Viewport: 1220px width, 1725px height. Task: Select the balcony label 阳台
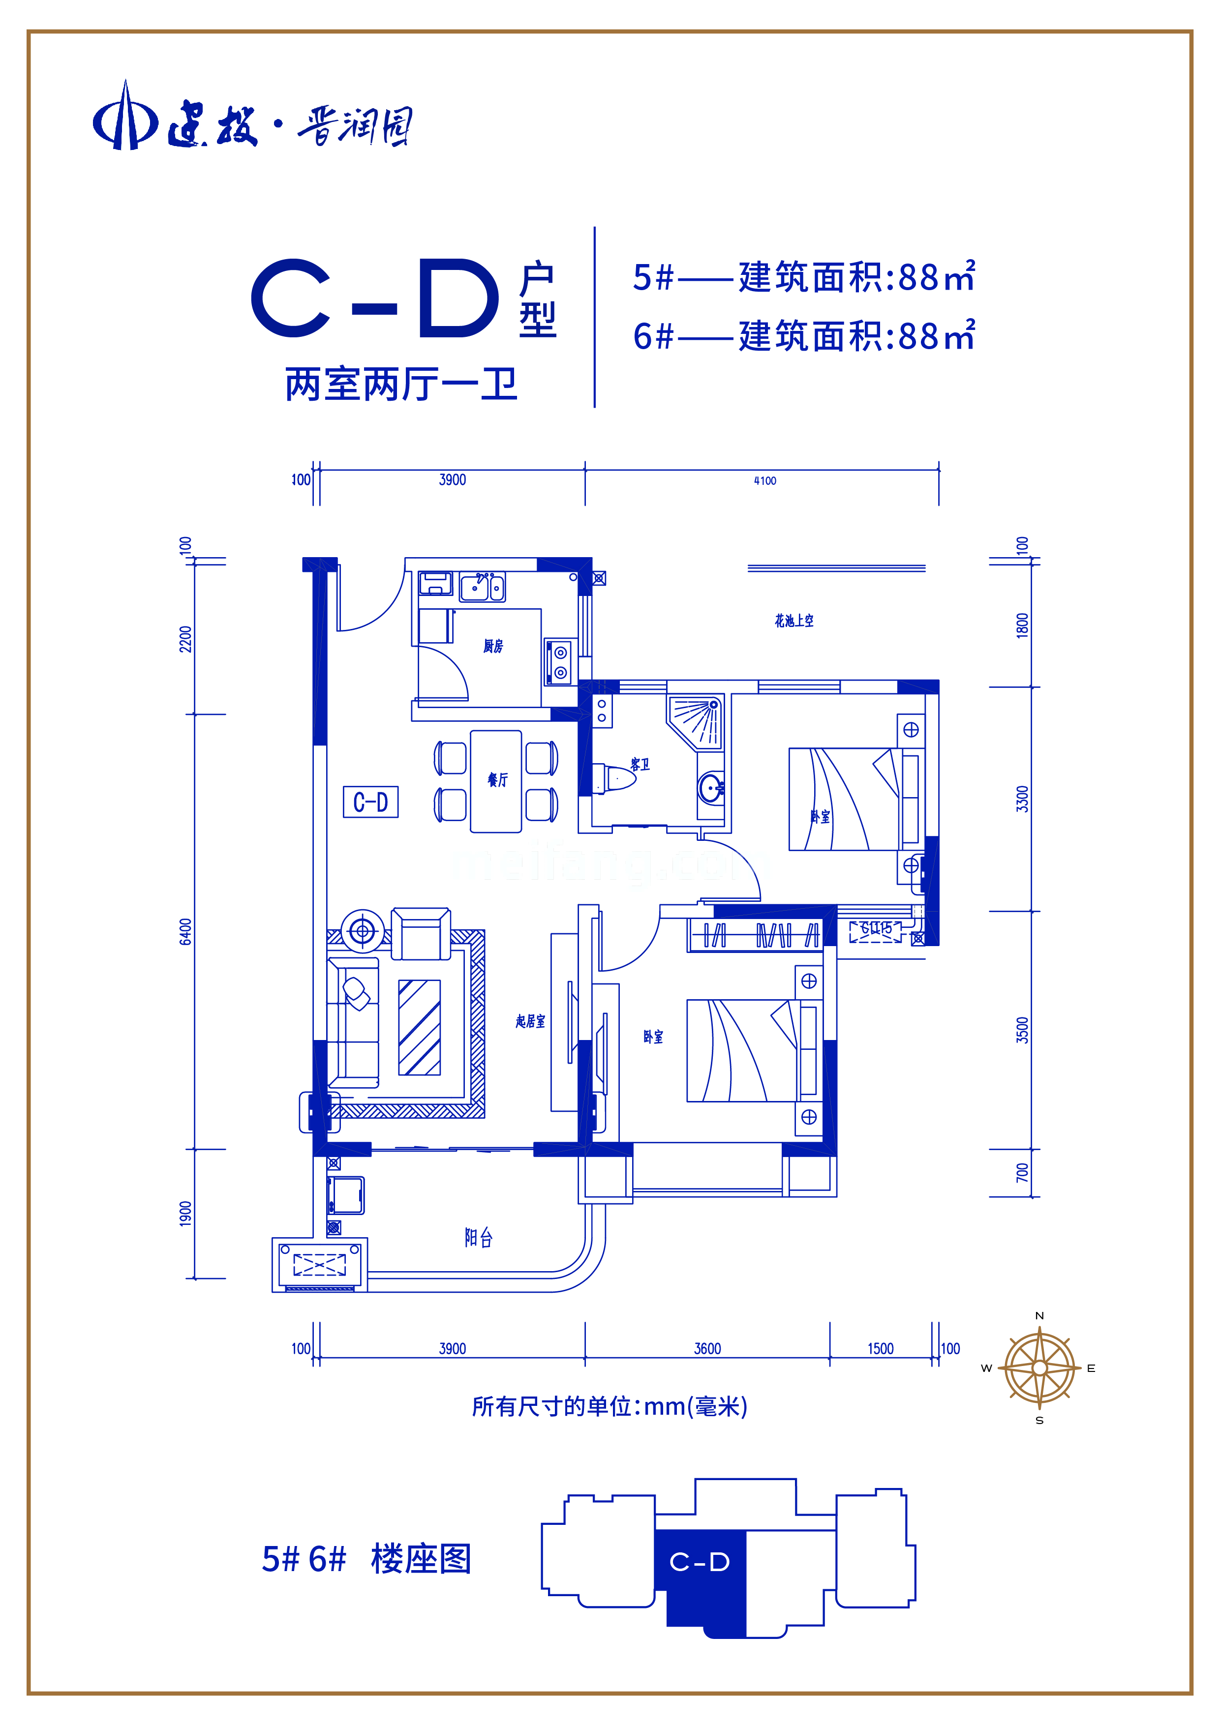(478, 1237)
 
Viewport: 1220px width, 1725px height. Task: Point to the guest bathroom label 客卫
(640, 765)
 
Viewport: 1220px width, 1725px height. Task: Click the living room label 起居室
(530, 1021)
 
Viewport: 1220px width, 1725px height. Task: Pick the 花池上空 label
(794, 621)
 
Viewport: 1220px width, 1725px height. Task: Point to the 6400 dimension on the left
(185, 932)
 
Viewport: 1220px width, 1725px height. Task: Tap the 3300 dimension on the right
(1022, 799)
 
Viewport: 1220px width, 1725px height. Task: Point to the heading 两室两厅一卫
(401, 385)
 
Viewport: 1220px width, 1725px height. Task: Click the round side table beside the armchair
(363, 931)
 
